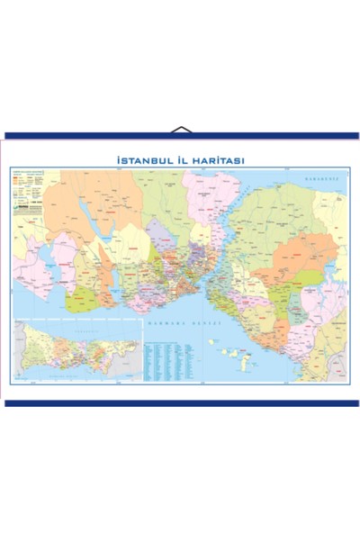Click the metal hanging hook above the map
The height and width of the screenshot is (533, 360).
pos(181,130)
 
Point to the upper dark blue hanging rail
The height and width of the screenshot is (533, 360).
pos(180,137)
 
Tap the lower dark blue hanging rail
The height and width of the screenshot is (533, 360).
pos(180,402)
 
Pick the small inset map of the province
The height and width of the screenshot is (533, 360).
pos(76,351)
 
